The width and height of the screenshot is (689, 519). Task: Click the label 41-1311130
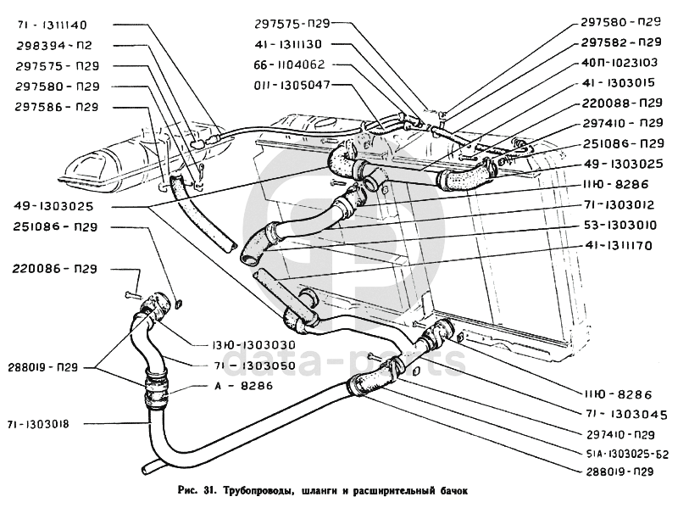[x=293, y=44]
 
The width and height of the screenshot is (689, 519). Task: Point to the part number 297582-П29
[x=621, y=42]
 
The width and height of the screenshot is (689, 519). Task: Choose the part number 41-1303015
[x=621, y=83]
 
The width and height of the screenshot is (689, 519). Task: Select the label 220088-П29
[x=621, y=103]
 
